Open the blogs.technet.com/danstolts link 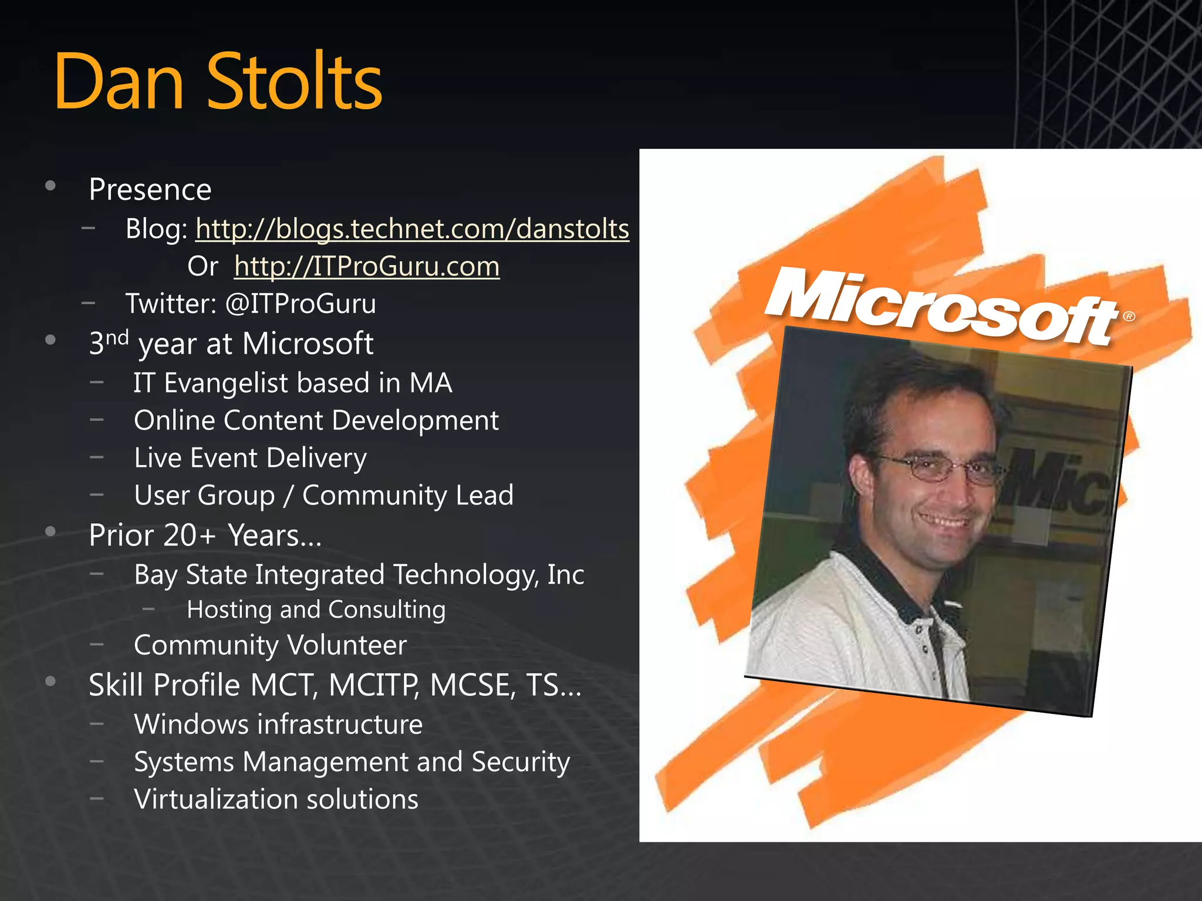click(x=412, y=229)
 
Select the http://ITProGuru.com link click(x=367, y=266)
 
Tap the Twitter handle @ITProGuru click(x=300, y=304)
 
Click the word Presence click(x=150, y=189)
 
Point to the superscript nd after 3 click(x=117, y=337)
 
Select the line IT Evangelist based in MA click(x=293, y=383)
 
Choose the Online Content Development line click(x=316, y=421)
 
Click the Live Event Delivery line click(x=250, y=458)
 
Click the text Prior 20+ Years click(x=205, y=536)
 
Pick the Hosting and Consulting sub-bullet click(x=316, y=609)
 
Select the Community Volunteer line click(x=270, y=645)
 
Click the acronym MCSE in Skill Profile click(x=472, y=685)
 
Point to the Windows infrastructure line click(x=278, y=724)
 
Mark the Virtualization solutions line click(x=276, y=800)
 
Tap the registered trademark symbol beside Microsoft click(x=1129, y=317)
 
